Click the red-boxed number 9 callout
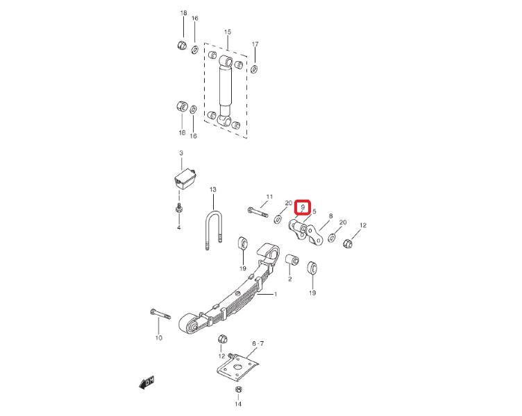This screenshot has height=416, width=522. (303, 207)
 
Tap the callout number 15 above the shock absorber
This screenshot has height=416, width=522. (228, 32)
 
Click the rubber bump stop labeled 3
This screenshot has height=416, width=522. (185, 180)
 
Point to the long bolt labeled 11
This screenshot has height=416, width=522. (258, 212)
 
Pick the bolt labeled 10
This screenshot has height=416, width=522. (160, 313)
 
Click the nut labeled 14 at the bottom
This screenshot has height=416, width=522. (238, 390)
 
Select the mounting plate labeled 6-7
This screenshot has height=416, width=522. (237, 367)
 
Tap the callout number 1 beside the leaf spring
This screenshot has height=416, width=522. (276, 294)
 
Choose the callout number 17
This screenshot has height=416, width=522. (255, 44)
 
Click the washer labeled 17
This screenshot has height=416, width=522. (253, 69)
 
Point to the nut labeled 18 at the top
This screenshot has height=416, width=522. (182, 44)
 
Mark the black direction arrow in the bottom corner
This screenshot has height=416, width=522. (147, 383)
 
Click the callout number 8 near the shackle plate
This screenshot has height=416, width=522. (330, 216)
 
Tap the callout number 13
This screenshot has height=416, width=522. (212, 189)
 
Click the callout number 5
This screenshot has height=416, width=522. (314, 211)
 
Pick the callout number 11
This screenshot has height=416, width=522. (269, 196)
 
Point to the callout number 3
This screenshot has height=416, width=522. (181, 153)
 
